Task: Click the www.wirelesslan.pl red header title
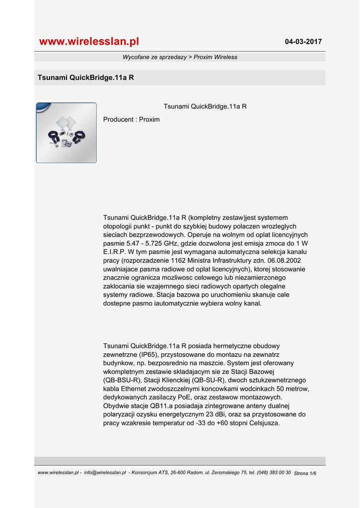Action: tap(89, 41)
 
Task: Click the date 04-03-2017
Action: tap(303, 42)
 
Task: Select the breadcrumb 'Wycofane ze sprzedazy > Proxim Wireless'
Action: tap(180, 57)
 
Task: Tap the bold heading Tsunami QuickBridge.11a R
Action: tap(86, 78)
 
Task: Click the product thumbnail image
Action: tap(66, 133)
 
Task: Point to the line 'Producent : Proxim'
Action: tap(131, 120)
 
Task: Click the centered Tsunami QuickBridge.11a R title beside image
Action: tap(205, 107)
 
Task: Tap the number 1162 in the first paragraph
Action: tap(180, 260)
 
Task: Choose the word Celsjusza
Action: tap(263, 423)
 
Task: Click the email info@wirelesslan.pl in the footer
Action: tap(105, 473)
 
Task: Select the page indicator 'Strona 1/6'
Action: tap(305, 473)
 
